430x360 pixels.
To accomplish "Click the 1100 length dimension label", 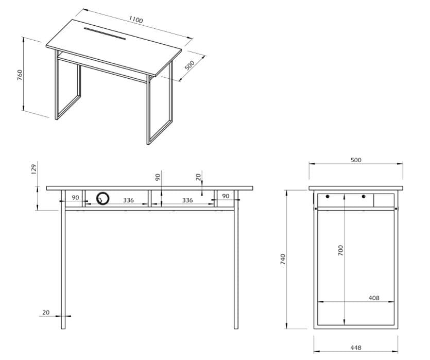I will point(136,20).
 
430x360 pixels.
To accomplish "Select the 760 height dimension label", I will point(20,75).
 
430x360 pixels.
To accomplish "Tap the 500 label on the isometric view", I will point(190,65).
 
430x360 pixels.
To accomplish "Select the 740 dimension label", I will point(282,259).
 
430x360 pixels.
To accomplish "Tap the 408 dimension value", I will point(374,298).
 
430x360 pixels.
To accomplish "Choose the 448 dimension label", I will point(355,348).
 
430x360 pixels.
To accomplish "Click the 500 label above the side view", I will point(355,160).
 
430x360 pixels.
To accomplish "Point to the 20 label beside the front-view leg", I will point(46,312).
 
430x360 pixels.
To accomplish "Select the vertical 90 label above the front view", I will point(158,177).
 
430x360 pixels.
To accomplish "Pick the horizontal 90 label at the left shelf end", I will point(75,197).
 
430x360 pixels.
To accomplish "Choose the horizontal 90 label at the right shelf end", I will point(225,196).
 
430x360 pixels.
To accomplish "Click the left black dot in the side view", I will point(328,196).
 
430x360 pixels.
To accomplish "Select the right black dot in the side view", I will point(364,196).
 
